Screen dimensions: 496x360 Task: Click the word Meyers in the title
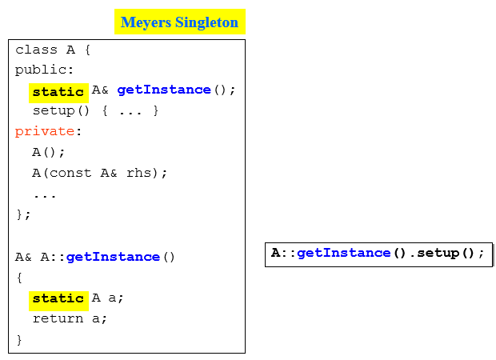pyautogui.click(x=146, y=22)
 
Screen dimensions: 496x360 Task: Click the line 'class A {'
pyautogui.click(x=54, y=50)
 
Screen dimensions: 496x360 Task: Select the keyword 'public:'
pyautogui.click(x=44, y=70)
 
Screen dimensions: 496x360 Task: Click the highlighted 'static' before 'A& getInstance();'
pyautogui.click(x=58, y=92)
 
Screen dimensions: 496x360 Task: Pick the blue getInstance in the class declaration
pyautogui.click(x=164, y=90)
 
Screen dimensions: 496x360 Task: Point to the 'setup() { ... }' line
pyautogui.click(x=96, y=110)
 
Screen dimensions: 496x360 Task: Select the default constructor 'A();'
pyautogui.click(x=49, y=152)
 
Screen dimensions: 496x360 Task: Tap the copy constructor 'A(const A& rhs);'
pyautogui.click(x=100, y=173)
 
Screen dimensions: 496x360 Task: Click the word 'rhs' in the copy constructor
pyautogui.click(x=139, y=173)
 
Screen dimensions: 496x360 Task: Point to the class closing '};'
pyautogui.click(x=23, y=214)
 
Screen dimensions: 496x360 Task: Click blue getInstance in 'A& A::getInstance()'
pyautogui.click(x=113, y=257)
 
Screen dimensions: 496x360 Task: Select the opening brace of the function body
pyautogui.click(x=20, y=277)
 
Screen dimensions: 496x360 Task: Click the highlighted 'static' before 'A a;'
pyautogui.click(x=58, y=298)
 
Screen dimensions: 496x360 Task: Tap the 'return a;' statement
pyautogui.click(x=70, y=318)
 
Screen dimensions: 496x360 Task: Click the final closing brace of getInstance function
pyautogui.click(x=20, y=339)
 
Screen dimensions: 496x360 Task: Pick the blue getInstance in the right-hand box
pyautogui.click(x=344, y=254)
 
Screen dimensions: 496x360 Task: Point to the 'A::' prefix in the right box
pyautogui.click(x=284, y=254)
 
